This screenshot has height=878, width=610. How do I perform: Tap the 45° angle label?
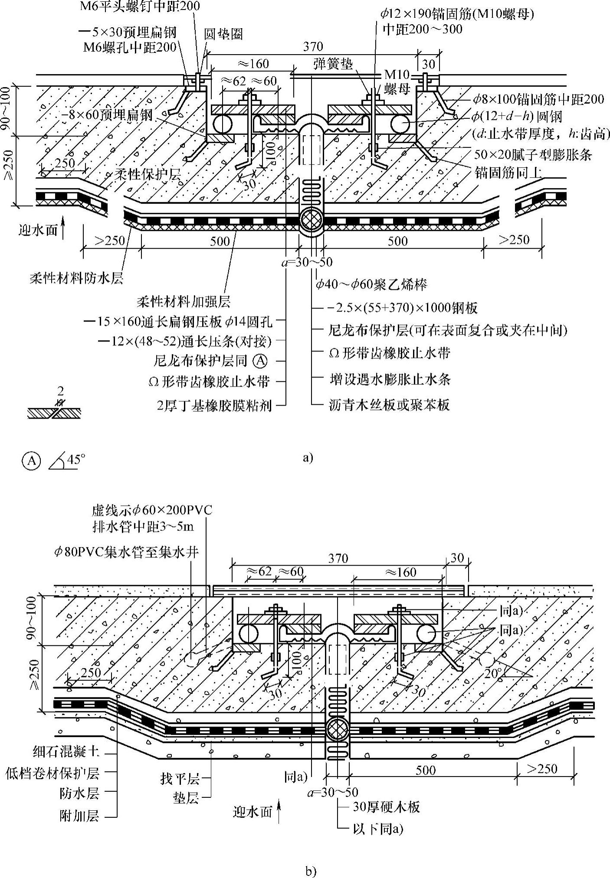pos(74,459)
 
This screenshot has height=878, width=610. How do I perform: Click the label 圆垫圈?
pos(223,34)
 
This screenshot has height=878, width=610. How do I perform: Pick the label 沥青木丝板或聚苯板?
pos(389,405)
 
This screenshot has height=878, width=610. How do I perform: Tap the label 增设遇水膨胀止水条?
pos(389,380)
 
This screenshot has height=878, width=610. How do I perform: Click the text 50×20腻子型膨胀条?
pos(533,154)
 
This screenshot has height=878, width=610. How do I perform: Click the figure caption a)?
pos(307,458)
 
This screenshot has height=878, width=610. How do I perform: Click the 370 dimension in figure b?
pos(338,558)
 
